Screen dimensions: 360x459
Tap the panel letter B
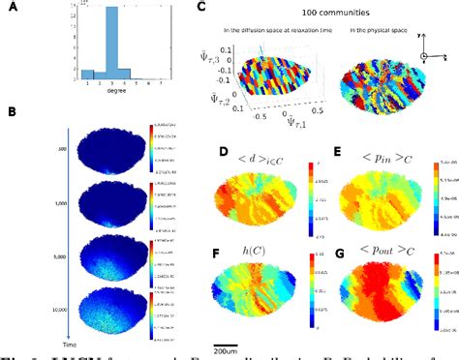11,114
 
